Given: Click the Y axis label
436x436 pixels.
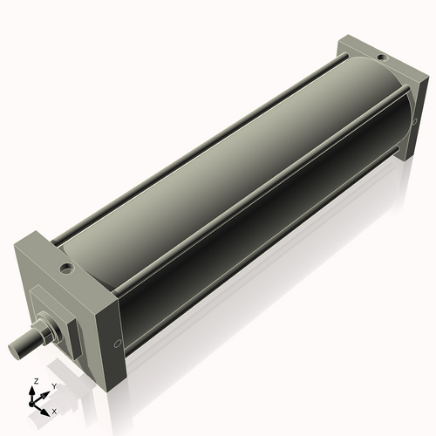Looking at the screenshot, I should [53, 385].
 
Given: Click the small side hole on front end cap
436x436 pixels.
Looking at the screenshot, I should [116, 343].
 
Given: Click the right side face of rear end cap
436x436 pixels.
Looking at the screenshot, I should [410, 113].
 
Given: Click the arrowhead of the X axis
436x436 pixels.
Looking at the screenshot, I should [48, 408].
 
